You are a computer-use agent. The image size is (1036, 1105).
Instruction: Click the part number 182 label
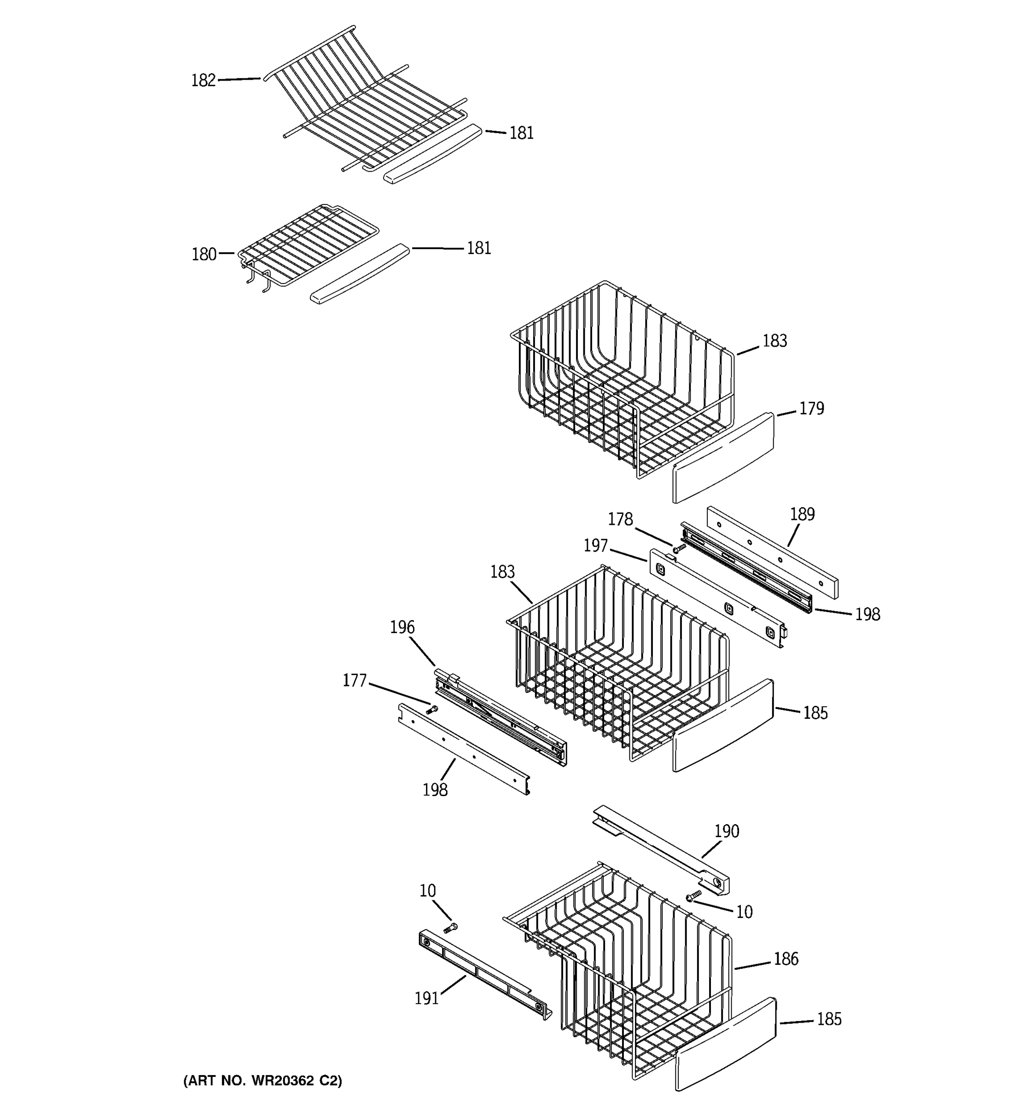[x=203, y=81]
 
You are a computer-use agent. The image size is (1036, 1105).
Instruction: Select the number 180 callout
[x=204, y=255]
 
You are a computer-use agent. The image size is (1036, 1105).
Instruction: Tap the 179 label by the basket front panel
[x=811, y=408]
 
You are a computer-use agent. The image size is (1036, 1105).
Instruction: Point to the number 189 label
[x=802, y=514]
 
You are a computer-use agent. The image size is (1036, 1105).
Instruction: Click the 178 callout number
[x=620, y=519]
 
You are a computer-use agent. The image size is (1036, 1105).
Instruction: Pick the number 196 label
[x=402, y=627]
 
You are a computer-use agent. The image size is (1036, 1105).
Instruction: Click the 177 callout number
[x=354, y=680]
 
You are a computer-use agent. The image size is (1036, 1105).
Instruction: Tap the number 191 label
[x=426, y=999]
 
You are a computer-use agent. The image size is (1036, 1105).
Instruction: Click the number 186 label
[x=786, y=959]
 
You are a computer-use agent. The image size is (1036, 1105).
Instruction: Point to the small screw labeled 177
[x=432, y=709]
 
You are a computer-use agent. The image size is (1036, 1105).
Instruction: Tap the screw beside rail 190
[x=693, y=895]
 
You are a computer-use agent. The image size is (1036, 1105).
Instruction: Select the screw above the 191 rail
[x=451, y=927]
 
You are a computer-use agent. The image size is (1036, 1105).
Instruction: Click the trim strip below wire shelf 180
[x=360, y=273]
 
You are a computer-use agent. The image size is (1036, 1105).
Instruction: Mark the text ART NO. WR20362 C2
[x=263, y=1081]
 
